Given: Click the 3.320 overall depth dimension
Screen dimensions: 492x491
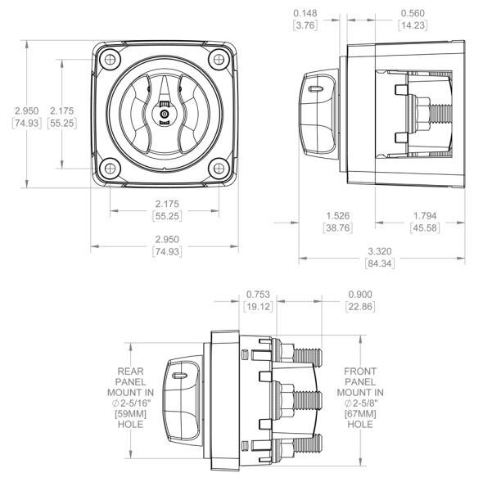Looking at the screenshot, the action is point(380,251).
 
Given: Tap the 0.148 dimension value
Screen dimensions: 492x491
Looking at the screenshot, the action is point(305,13).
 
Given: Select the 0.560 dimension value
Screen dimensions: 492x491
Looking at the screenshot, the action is point(413,13).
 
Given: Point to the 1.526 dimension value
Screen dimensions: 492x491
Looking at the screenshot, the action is point(337,216).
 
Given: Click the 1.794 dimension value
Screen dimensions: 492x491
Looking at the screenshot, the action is point(425,216).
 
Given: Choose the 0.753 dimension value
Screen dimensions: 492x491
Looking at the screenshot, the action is point(258,295).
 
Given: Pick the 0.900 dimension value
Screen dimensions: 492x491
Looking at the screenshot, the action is point(360,295).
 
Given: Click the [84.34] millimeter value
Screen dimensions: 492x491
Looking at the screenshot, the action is point(380,264).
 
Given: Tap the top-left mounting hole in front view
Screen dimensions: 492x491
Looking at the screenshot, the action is point(111,59).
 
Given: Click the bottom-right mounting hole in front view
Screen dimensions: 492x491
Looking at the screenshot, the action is point(219,169).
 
